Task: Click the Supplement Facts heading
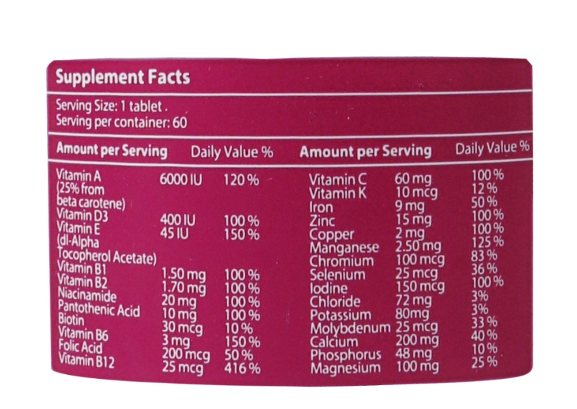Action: tap(122, 76)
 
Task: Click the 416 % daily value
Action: tap(242, 368)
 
